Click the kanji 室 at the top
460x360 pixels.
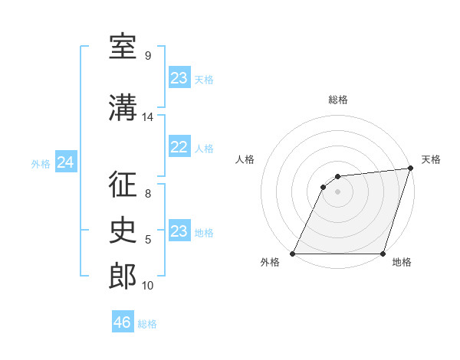pyautogui.click(x=123, y=47)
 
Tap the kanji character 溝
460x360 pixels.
pyautogui.click(x=123, y=107)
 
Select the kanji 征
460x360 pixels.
pyautogui.click(x=123, y=186)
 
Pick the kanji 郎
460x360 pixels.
pyautogui.click(x=123, y=276)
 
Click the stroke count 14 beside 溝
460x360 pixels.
pyautogui.click(x=147, y=117)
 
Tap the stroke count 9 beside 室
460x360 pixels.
pyautogui.click(x=147, y=56)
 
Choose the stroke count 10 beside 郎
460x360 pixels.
pyautogui.click(x=147, y=286)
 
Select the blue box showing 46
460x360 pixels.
pyautogui.click(x=123, y=322)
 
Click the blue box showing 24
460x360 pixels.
pyautogui.click(x=66, y=162)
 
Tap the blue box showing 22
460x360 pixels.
pyautogui.click(x=179, y=147)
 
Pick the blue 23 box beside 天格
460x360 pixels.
pyautogui.click(x=179, y=78)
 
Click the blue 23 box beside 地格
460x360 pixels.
pyautogui.click(x=179, y=231)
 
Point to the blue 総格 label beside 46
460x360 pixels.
pyautogui.click(x=147, y=324)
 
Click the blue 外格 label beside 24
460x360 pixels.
pyautogui.click(x=41, y=163)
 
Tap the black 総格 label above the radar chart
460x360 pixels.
pyautogui.click(x=337, y=100)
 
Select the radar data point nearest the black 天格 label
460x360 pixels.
pyautogui.click(x=410, y=169)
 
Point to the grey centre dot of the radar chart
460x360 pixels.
pyautogui.click(x=337, y=191)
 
